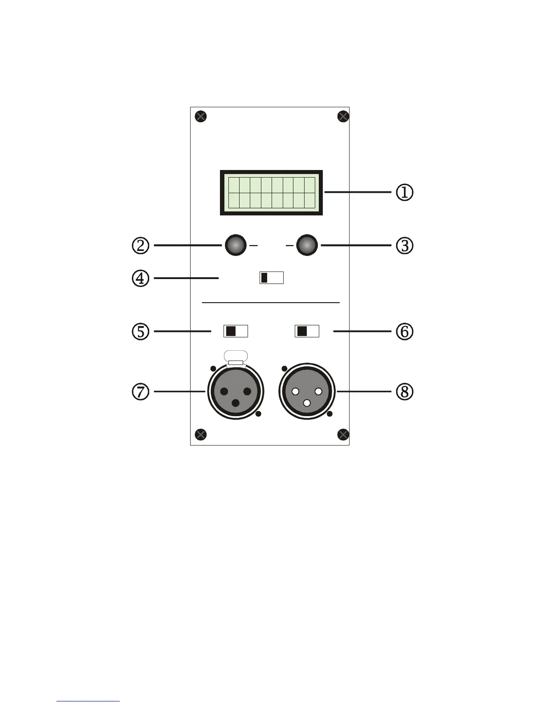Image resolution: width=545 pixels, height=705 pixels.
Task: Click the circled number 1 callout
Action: click(405, 193)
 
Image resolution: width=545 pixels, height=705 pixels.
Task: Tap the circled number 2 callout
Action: click(140, 246)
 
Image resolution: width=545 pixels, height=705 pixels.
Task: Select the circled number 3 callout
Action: click(405, 246)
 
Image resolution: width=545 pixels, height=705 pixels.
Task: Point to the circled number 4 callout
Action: click(140, 279)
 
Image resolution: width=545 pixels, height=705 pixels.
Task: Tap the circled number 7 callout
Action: click(140, 392)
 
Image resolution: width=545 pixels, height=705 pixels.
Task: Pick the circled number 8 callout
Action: click(405, 392)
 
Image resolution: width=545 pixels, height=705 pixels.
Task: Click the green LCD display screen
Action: click(271, 193)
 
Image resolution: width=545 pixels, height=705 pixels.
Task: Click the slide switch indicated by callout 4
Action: click(271, 278)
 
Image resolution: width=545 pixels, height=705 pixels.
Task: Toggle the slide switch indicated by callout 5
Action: click(235, 331)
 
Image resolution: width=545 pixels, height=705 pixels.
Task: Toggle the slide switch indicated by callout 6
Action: click(307, 331)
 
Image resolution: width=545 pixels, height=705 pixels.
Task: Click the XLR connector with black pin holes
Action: click(236, 392)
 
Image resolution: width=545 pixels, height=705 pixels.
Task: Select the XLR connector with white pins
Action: click(307, 392)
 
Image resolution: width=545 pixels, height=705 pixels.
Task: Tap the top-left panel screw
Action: click(201, 117)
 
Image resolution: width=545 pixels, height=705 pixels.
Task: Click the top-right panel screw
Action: click(343, 117)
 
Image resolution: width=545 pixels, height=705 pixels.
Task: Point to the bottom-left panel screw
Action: click(201, 434)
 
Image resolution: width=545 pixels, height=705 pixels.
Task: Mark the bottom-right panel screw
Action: click(343, 434)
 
